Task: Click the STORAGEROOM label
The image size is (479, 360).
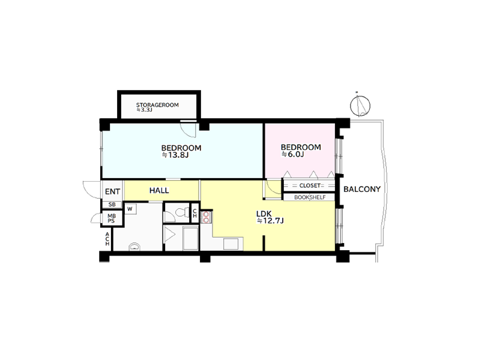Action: (157, 105)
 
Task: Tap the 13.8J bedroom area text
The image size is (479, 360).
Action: (175, 155)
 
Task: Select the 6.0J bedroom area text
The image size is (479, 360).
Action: (292, 154)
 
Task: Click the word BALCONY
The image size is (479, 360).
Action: (362, 190)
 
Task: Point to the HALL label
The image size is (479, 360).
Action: (159, 191)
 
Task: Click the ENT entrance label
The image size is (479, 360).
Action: (112, 192)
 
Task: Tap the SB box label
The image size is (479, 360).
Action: (112, 205)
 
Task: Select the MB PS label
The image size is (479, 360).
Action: (111, 218)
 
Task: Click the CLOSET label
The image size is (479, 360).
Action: (310, 185)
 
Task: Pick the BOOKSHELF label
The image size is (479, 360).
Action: (310, 197)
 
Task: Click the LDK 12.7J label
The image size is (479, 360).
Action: (270, 217)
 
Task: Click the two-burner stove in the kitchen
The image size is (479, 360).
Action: (206, 217)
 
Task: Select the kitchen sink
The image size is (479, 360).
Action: (230, 244)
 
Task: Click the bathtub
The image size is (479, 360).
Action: (191, 238)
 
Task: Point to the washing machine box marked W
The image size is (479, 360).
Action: (130, 209)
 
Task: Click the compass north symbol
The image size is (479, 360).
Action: (360, 105)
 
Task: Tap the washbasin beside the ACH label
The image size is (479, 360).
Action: (134, 247)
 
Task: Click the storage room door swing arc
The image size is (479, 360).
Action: (188, 130)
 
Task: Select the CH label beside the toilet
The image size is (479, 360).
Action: (194, 213)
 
